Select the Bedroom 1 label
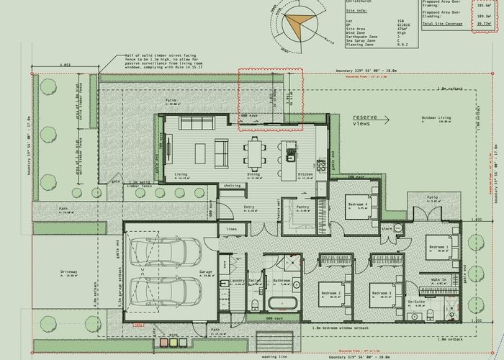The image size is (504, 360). [x=438, y=247]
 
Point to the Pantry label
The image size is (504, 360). [x=302, y=206]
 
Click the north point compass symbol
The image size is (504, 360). [x=296, y=22]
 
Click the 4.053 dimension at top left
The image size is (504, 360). [x=65, y=64]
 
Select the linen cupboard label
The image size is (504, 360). [x=231, y=229]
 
